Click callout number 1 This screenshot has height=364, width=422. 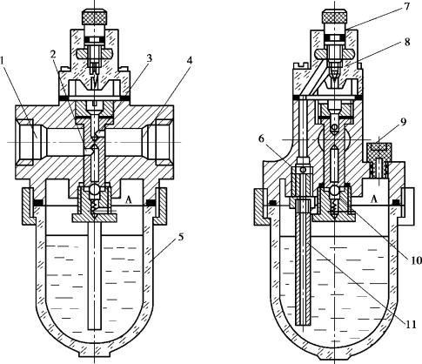point(3,61)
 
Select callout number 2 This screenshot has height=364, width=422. point(53,54)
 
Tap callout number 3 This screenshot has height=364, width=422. point(149,59)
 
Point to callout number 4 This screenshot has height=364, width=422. point(190,61)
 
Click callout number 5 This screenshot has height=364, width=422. point(180,237)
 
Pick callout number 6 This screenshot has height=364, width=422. point(262,139)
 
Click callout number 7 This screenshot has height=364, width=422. point(406,6)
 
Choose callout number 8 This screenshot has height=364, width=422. point(407,42)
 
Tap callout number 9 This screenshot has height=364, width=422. point(403,123)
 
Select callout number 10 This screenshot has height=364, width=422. point(415,260)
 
